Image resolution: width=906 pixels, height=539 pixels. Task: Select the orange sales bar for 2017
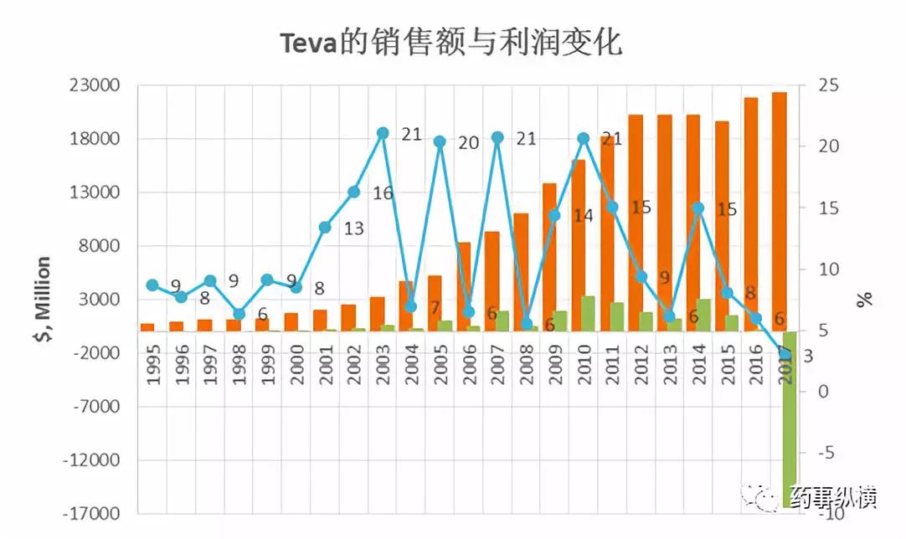pyautogui.click(x=779, y=209)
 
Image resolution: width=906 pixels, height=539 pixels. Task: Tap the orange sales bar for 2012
pyautogui.click(x=636, y=222)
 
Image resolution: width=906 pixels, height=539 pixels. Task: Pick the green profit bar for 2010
pyautogui.click(x=588, y=313)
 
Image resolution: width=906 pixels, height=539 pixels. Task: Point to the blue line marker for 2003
pyautogui.click(x=383, y=133)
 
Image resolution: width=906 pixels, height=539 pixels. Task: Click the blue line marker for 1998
pyautogui.click(x=239, y=315)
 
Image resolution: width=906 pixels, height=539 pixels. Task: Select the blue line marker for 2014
pyautogui.click(x=698, y=208)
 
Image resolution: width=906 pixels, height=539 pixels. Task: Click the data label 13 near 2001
pyautogui.click(x=353, y=228)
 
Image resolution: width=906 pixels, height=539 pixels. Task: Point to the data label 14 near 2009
pyautogui.click(x=583, y=216)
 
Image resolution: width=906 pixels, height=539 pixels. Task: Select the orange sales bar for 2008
pyautogui.click(x=521, y=271)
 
